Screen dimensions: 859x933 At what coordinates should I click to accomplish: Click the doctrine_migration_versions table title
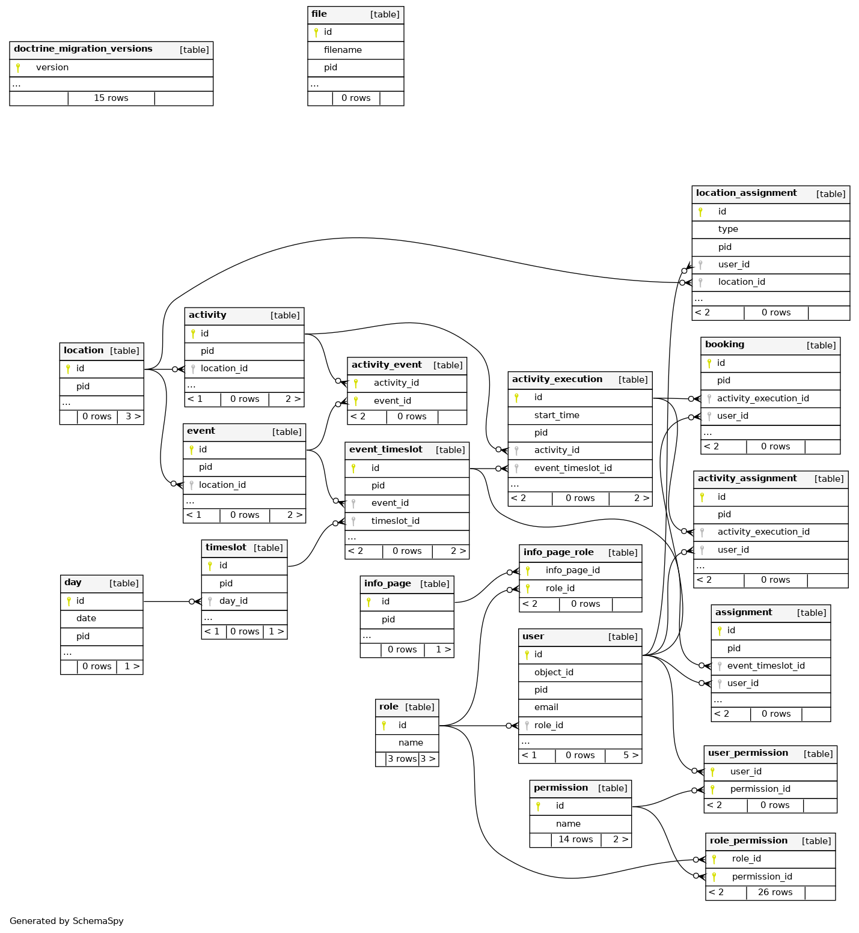click(83, 49)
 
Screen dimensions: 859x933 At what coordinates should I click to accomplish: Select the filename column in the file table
click(343, 50)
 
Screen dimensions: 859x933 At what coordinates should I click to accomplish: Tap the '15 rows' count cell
click(111, 98)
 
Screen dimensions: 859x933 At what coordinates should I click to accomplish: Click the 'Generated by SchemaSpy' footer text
click(67, 921)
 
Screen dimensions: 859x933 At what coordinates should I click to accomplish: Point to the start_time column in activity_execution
click(557, 415)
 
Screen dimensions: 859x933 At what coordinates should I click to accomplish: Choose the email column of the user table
click(546, 707)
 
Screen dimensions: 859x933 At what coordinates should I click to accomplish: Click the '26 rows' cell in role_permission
click(775, 892)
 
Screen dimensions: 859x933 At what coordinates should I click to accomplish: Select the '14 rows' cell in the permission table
click(576, 839)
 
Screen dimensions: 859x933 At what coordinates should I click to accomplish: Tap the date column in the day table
click(86, 618)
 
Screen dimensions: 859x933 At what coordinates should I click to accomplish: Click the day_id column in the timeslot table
click(233, 601)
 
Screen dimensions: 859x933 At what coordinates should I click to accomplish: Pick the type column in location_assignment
click(728, 229)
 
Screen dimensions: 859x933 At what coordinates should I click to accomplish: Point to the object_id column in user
click(554, 672)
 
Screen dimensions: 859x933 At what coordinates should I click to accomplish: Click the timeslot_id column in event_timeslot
click(396, 521)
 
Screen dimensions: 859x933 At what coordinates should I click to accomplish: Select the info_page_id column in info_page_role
click(573, 570)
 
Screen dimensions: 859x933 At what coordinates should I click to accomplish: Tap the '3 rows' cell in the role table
click(402, 759)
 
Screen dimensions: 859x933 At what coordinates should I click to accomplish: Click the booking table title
click(724, 344)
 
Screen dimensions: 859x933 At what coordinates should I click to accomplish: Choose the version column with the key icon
click(52, 67)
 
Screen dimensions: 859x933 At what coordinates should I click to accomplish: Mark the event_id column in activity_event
click(393, 401)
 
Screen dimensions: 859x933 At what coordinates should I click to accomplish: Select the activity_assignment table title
click(747, 478)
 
